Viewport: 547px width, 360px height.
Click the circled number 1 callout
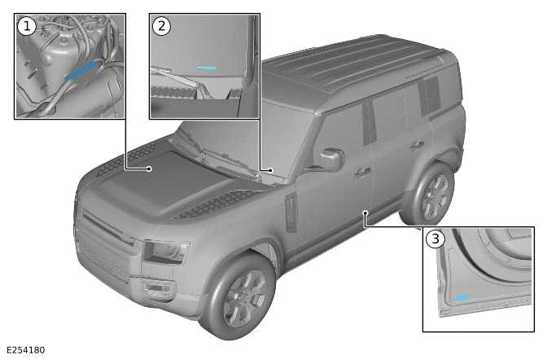point(27,27)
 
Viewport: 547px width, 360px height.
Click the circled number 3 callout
point(435,239)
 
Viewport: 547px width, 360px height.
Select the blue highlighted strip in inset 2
point(207,68)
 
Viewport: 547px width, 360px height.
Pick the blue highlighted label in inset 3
point(462,296)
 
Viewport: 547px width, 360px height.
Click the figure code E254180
point(25,350)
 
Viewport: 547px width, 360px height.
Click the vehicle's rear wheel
point(430,195)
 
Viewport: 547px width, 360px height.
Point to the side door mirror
point(330,160)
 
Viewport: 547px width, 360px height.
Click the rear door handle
point(418,144)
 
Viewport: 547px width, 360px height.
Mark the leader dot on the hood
point(149,169)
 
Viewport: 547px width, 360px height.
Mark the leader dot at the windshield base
point(271,170)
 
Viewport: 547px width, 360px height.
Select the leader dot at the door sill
point(365,213)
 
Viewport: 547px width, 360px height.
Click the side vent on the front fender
point(291,213)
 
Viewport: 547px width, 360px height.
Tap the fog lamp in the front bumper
point(157,288)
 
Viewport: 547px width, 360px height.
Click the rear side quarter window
point(430,95)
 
